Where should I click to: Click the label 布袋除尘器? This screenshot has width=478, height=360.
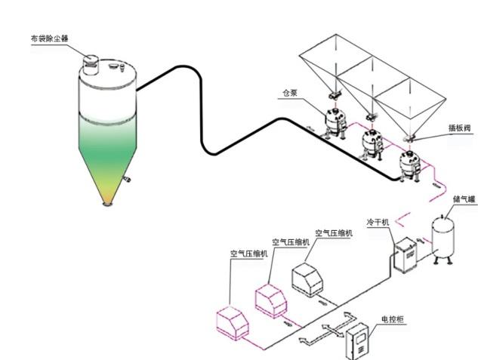51,35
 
